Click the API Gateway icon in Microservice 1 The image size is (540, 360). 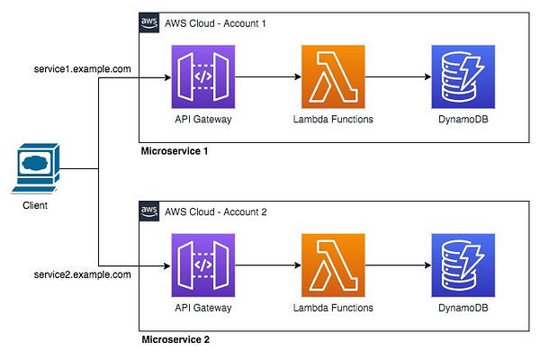coord(203,76)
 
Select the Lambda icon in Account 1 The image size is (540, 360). coord(333,76)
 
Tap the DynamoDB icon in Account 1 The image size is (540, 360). coord(463,76)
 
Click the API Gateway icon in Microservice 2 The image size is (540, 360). coord(203,265)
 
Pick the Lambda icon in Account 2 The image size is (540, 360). coord(333,265)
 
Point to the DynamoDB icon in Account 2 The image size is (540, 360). coord(463,265)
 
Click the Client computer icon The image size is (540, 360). coord(36,168)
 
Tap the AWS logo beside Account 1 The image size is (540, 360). coord(149,22)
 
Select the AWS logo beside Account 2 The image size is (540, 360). coord(149,211)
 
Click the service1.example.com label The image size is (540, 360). coord(82,69)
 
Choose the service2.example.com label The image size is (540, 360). coord(82,274)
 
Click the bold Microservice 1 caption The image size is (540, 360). coord(175,151)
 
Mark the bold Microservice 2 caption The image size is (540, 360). coord(175,339)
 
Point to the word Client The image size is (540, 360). coord(35,205)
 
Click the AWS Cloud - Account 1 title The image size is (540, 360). coord(215,23)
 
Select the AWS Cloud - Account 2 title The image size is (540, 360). coord(216,211)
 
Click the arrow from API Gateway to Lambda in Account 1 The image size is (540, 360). coord(268,76)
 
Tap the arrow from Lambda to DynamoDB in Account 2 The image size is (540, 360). coord(398,265)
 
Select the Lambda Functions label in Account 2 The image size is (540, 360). coord(333,308)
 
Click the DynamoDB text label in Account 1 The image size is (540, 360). coord(463,119)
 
